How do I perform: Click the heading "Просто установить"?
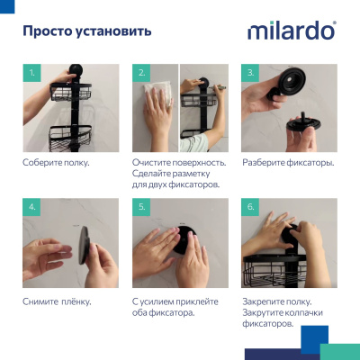[x=86, y=31]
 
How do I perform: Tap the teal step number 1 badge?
[x=32, y=72]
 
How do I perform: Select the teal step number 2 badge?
[x=142, y=72]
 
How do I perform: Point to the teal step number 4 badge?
[x=32, y=207]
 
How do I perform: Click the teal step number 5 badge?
[x=142, y=207]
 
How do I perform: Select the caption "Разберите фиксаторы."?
[x=288, y=163]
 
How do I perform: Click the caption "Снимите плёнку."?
[x=57, y=301]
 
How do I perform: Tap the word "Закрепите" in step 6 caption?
[x=265, y=301]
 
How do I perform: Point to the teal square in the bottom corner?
[x=339, y=351]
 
